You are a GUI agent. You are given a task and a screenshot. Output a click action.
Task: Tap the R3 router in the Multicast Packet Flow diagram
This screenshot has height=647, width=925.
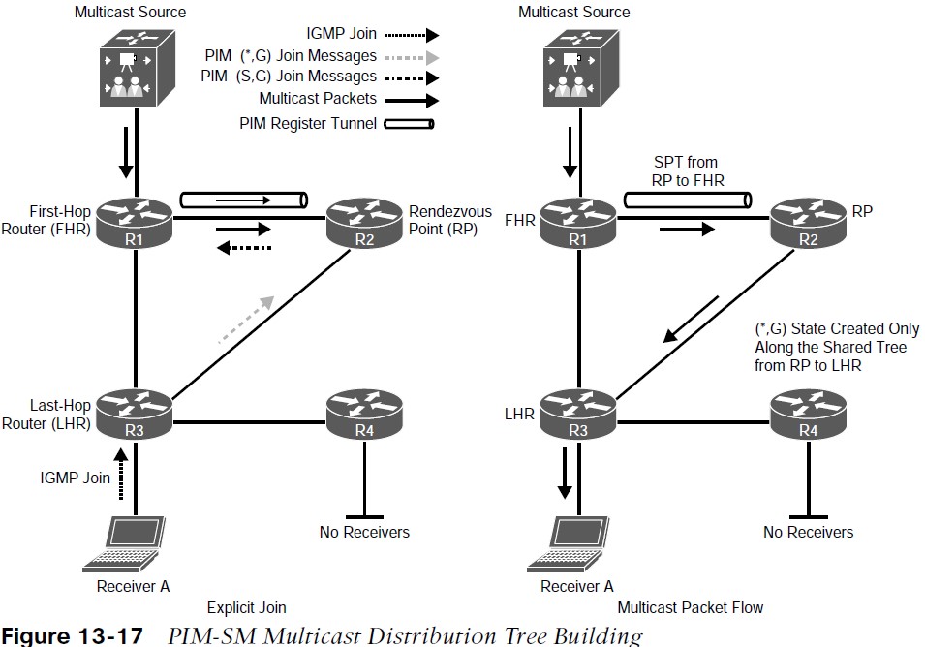(x=578, y=414)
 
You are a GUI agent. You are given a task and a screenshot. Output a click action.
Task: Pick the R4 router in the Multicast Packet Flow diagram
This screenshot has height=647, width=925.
(x=808, y=414)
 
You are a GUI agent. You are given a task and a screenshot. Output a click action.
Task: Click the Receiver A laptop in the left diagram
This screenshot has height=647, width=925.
(x=124, y=544)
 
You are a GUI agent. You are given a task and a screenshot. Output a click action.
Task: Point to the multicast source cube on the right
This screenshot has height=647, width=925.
(x=581, y=69)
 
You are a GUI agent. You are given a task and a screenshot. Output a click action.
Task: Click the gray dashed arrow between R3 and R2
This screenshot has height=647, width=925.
(x=246, y=319)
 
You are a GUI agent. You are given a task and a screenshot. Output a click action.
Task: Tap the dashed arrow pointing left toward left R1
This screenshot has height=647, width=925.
(x=244, y=248)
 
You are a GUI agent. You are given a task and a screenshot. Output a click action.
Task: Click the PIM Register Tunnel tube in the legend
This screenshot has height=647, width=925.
(x=409, y=124)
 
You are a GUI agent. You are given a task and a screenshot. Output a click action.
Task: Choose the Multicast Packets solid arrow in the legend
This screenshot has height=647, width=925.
(x=412, y=101)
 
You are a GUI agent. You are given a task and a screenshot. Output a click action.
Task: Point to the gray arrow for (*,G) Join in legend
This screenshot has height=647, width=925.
(x=412, y=58)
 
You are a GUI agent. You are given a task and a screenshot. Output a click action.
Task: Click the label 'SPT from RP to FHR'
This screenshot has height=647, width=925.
(x=688, y=171)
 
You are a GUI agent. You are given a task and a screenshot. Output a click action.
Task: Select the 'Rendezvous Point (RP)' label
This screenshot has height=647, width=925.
(x=450, y=220)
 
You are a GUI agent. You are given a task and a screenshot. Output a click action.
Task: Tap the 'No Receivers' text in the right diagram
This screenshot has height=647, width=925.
(x=808, y=532)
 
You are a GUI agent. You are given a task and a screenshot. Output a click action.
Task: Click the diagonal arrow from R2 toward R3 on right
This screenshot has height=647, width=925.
(x=691, y=319)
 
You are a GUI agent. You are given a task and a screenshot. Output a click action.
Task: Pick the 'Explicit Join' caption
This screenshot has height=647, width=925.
(x=247, y=607)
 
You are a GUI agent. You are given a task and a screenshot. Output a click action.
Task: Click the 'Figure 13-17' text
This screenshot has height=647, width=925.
(x=72, y=635)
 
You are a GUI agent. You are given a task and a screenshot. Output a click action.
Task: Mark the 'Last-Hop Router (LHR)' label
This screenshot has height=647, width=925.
(x=46, y=414)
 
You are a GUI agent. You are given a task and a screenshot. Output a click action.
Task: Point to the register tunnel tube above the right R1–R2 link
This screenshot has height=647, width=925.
(x=688, y=200)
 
